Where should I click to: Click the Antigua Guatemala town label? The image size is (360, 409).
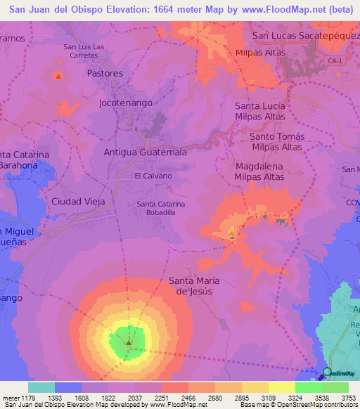pyautogui.click(x=145, y=152)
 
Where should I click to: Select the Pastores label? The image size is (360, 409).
pyautogui.click(x=105, y=73)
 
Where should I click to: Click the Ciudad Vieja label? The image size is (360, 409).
pyautogui.click(x=78, y=201)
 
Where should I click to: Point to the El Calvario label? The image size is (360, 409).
pyautogui.click(x=153, y=176)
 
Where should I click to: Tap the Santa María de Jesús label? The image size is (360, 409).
pyautogui.click(x=194, y=286)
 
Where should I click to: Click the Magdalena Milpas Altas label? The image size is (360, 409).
pyautogui.click(x=259, y=171)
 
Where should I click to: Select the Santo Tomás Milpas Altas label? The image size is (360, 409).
pyautogui.click(x=276, y=141)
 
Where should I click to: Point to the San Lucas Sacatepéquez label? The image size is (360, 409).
pyautogui.click(x=305, y=35)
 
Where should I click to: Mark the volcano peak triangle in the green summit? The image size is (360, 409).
pyautogui.click(x=129, y=342)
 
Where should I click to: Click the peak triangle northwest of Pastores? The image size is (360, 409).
pyautogui.click(x=58, y=76)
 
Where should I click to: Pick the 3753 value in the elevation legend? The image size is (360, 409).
pyautogui.click(x=349, y=398)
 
